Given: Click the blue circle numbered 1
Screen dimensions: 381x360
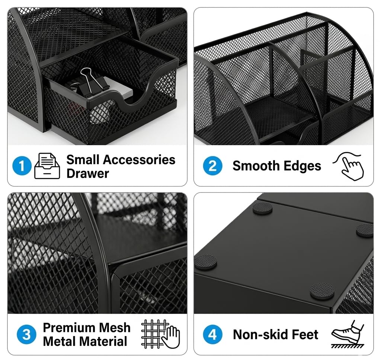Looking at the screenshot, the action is (x=22, y=166).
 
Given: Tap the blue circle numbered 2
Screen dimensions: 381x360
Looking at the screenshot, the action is (x=212, y=166).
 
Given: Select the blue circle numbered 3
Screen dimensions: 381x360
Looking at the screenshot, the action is (x=26, y=334).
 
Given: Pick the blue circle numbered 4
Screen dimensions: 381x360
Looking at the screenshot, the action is (x=212, y=334).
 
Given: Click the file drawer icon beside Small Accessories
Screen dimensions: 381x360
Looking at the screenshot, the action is (x=47, y=166).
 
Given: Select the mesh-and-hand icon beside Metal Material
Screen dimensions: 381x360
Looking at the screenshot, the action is (x=160, y=334).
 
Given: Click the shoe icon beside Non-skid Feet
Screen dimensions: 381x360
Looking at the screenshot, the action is (x=348, y=334).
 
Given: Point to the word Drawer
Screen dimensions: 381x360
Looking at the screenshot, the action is (x=88, y=173).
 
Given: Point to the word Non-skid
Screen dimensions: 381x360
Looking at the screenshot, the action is (x=260, y=334).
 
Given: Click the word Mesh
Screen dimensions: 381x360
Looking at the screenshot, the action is (x=115, y=328).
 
